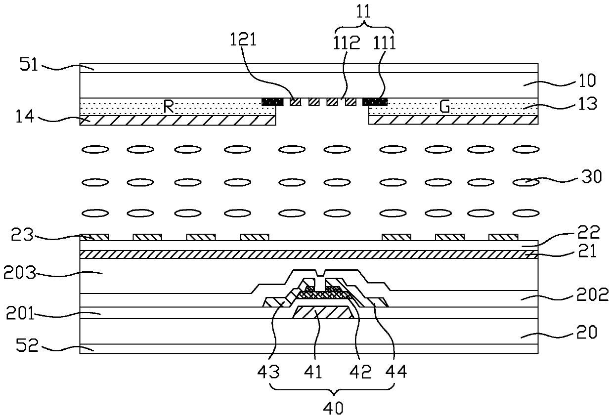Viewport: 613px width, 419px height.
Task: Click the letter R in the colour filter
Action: click(169, 107)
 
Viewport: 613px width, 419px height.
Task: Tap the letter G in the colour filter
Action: click(445, 107)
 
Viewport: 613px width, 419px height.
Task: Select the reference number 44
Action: click(398, 372)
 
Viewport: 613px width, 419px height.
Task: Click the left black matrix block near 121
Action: click(272, 102)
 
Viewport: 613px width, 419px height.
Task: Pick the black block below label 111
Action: click(375, 102)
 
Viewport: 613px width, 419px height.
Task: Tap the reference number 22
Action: click(589, 233)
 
